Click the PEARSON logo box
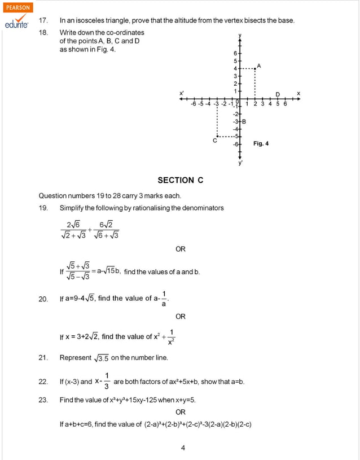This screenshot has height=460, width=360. pos(18,8)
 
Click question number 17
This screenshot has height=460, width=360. pos(43,20)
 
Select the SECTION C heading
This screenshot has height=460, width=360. pos(181,180)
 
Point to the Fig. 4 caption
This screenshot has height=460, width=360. pos(261,143)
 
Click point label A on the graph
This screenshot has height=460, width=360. pos(259,65)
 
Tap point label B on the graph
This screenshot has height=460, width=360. pos(244,121)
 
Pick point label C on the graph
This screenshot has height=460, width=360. pos(215,141)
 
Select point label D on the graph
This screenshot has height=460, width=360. pos(278,94)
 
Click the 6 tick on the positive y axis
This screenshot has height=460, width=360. pos(236,53)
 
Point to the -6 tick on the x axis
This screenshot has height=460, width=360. pos(194,104)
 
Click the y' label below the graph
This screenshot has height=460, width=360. pos(240,163)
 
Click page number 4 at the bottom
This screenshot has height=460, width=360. pos(183,448)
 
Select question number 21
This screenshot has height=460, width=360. pos(43,358)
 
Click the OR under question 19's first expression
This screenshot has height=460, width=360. pos(181,249)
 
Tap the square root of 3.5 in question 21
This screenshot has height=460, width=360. pos(102,358)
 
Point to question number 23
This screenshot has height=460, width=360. pos(43,400)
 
